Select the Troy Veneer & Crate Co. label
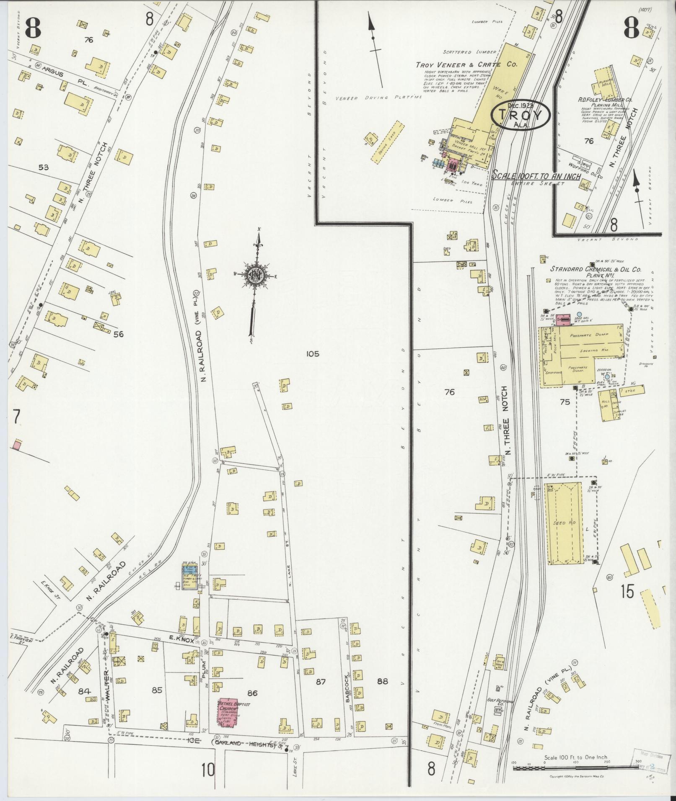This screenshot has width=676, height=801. pyautogui.click(x=466, y=65)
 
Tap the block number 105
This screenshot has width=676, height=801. pyautogui.click(x=312, y=354)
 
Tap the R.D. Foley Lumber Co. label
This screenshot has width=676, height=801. pyautogui.click(x=606, y=100)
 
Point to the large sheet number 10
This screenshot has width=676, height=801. pyautogui.click(x=207, y=769)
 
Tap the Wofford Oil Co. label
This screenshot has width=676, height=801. pyautogui.click(x=587, y=165)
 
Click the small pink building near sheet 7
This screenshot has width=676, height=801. pyautogui.click(x=17, y=445)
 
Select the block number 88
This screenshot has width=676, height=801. pyautogui.click(x=382, y=681)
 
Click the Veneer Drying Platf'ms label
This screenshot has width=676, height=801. pyautogui.click(x=378, y=97)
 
